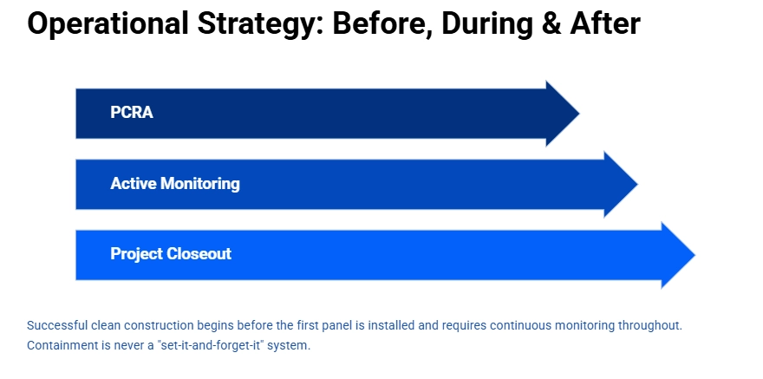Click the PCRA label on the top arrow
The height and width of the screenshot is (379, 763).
132,113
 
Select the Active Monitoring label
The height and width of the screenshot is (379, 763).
175,184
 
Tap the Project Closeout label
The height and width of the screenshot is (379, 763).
171,254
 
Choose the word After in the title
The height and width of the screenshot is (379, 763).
605,24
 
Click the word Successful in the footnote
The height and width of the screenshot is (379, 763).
56,326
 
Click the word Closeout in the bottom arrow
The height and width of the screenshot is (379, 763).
199,254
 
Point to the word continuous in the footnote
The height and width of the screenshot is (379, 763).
519,326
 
